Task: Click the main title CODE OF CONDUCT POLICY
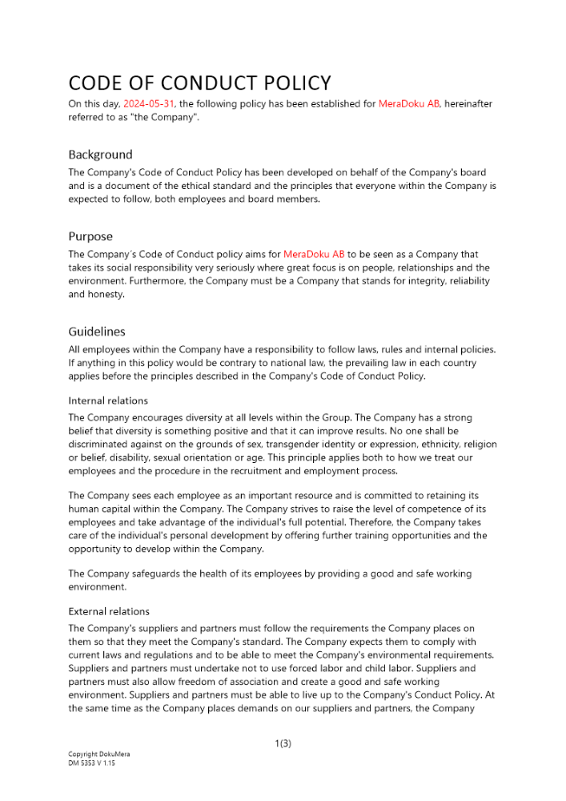(x=199, y=83)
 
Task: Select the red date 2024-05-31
(x=149, y=104)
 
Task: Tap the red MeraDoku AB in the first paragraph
(x=409, y=104)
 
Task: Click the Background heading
(x=100, y=155)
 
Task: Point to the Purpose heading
(x=90, y=236)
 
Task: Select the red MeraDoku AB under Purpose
(x=314, y=255)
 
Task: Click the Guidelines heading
(x=97, y=332)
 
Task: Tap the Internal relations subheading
(x=108, y=400)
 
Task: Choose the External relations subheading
(x=109, y=611)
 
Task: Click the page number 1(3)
(x=283, y=743)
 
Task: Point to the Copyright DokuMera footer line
(x=98, y=755)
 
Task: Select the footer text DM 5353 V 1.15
(x=92, y=763)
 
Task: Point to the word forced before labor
(x=312, y=667)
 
